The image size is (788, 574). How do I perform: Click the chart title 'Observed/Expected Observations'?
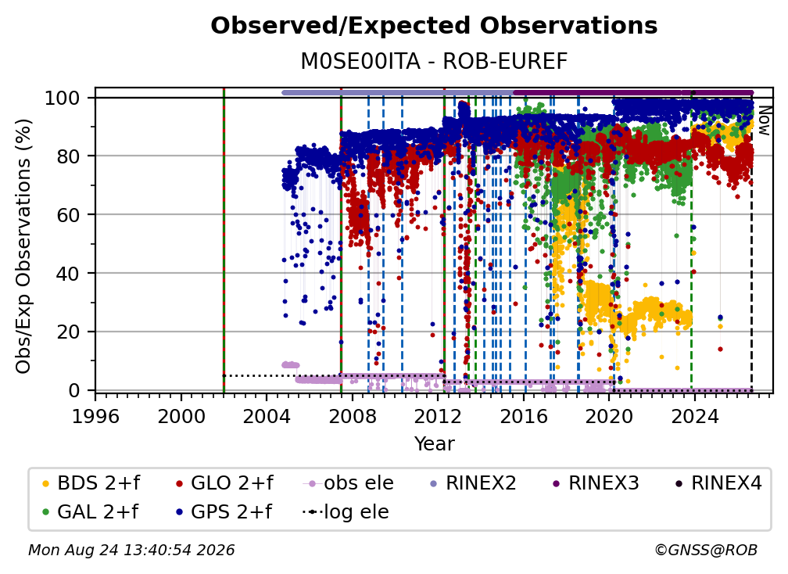(434, 26)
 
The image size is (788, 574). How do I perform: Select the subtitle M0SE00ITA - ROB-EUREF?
(434, 61)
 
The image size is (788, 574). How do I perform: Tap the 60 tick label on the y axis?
(68, 214)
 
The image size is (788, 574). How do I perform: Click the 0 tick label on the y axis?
(74, 390)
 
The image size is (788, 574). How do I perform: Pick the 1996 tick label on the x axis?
(95, 417)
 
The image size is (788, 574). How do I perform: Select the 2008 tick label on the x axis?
(353, 417)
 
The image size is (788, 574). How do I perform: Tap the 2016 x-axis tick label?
(524, 417)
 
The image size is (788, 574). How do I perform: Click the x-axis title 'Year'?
(434, 444)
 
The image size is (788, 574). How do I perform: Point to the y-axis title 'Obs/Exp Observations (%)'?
(23, 246)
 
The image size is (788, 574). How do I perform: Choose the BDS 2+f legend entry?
(91, 483)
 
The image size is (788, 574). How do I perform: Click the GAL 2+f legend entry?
(89, 511)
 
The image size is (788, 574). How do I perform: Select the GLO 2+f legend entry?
(224, 483)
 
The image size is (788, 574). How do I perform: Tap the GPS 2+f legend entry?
(223, 511)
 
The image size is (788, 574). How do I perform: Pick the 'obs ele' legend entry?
(349, 483)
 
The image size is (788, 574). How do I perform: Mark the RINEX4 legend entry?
(718, 483)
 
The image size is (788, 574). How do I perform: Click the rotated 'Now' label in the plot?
(765, 120)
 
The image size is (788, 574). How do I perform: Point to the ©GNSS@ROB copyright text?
(706, 550)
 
